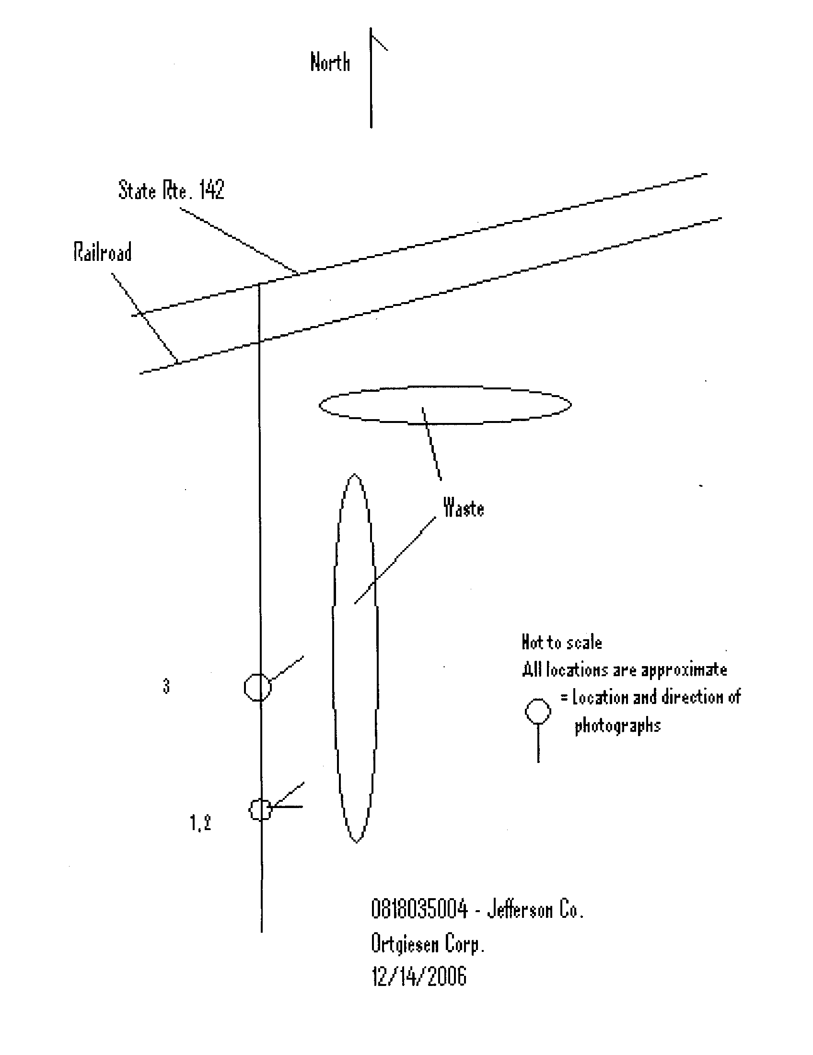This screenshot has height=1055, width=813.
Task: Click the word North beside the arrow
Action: [330, 62]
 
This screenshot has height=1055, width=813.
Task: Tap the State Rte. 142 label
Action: [172, 189]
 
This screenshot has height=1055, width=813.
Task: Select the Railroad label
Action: [103, 252]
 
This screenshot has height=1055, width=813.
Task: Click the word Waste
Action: [464, 508]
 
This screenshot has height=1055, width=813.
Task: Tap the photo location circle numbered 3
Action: [245, 686]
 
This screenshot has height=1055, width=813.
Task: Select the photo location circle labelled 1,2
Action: [250, 810]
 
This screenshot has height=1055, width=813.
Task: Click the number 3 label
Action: [166, 686]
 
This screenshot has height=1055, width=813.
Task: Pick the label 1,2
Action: [200, 822]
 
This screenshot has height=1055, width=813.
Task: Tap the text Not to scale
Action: [561, 642]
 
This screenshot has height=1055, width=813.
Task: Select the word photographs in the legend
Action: [617, 726]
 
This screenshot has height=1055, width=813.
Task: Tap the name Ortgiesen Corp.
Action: [427, 943]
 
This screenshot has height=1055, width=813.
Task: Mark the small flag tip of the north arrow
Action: [387, 50]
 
